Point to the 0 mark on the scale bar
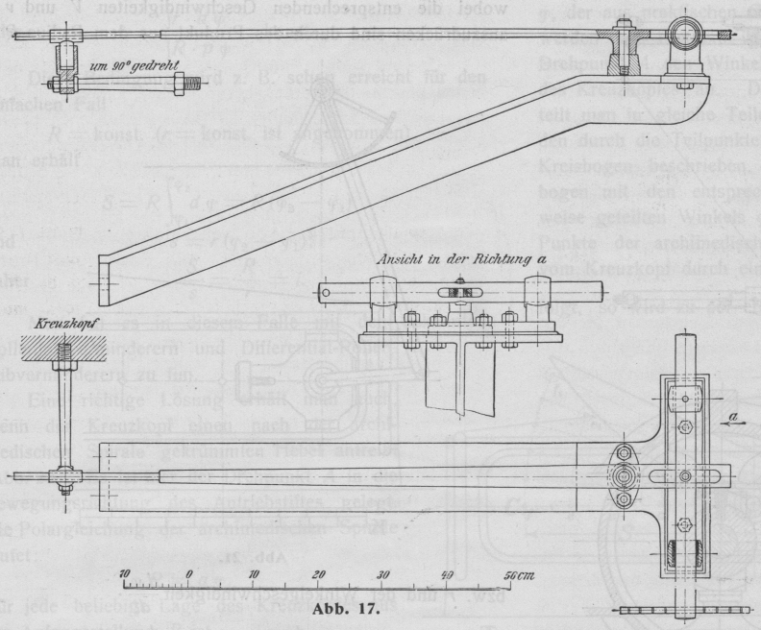point(189,574)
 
